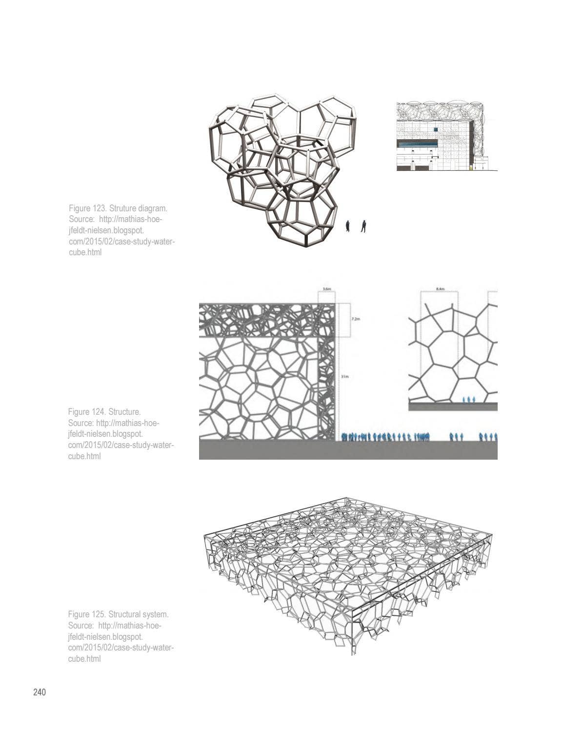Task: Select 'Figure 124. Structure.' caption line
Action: [x=104, y=412]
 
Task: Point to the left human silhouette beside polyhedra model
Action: [x=348, y=226]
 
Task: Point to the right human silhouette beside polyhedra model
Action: [x=363, y=226]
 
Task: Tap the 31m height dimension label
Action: [x=344, y=376]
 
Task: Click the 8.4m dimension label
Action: [x=439, y=289]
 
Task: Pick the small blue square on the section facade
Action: [x=434, y=129]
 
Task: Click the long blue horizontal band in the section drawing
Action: [x=418, y=143]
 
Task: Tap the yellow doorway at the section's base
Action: [x=471, y=168]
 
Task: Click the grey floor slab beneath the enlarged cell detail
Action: [x=452, y=406]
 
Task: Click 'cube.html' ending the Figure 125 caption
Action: [x=85, y=658]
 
